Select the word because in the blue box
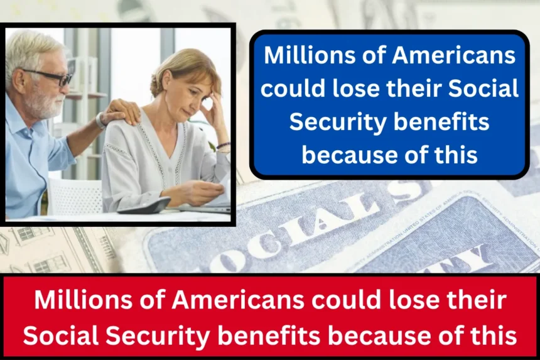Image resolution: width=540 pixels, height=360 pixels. tap(350, 155)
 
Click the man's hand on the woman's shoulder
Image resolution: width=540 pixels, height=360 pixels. tap(122, 110)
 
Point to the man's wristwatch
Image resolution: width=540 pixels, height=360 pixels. tap(100, 121)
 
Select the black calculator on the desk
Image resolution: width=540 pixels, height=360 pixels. tap(144, 205)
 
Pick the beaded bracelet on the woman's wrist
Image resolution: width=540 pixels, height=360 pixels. tap(223, 146)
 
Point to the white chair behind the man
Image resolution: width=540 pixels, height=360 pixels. tap(74, 197)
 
